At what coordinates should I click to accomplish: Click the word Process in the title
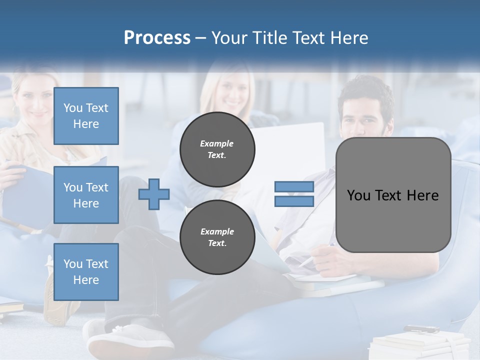click(157, 38)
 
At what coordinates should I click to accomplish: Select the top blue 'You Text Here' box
click(86, 116)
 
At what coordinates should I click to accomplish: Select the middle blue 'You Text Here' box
click(86, 195)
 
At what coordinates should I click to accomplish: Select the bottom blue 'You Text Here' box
click(86, 271)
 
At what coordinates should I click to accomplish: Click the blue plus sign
click(154, 194)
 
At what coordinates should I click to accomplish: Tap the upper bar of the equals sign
click(294, 186)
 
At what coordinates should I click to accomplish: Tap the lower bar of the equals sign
click(294, 201)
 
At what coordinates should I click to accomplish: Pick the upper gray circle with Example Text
click(217, 149)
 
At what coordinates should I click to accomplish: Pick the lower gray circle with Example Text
click(217, 237)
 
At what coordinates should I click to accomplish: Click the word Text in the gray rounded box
click(393, 195)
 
